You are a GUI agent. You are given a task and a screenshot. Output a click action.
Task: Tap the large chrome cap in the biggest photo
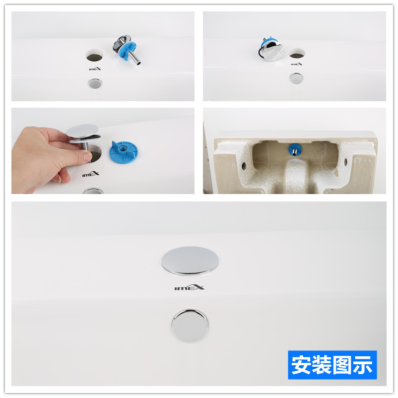[x=190, y=261]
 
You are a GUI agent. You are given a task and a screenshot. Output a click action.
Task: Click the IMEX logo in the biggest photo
[x=190, y=288]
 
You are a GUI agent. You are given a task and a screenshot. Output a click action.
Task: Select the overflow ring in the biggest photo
[x=190, y=324]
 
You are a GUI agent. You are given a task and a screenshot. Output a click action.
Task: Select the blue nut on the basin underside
[x=293, y=149]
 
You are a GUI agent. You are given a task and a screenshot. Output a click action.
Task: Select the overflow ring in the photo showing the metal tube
[x=93, y=83]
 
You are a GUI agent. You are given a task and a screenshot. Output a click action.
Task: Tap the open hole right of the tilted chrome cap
[x=296, y=54]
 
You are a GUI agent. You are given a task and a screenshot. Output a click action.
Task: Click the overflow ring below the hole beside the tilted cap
[x=296, y=77]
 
